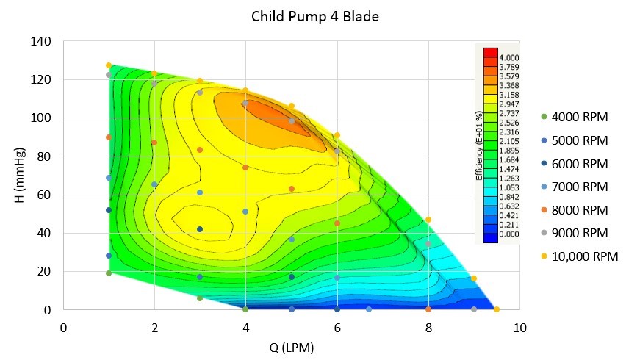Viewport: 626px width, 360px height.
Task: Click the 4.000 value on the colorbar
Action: pyautogui.click(x=509, y=57)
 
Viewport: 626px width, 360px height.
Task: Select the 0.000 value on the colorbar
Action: pyautogui.click(x=509, y=234)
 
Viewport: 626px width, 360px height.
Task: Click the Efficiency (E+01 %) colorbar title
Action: pyautogui.click(x=478, y=146)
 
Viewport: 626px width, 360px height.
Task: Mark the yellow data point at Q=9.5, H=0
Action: pyautogui.click(x=497, y=309)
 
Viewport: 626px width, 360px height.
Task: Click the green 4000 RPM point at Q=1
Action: pyautogui.click(x=109, y=273)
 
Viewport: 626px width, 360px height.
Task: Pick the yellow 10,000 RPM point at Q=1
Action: pyautogui.click(x=109, y=65)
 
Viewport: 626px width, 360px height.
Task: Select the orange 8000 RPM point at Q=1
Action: pyautogui.click(x=109, y=137)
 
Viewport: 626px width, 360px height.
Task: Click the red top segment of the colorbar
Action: pyautogui.click(x=490, y=52)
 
